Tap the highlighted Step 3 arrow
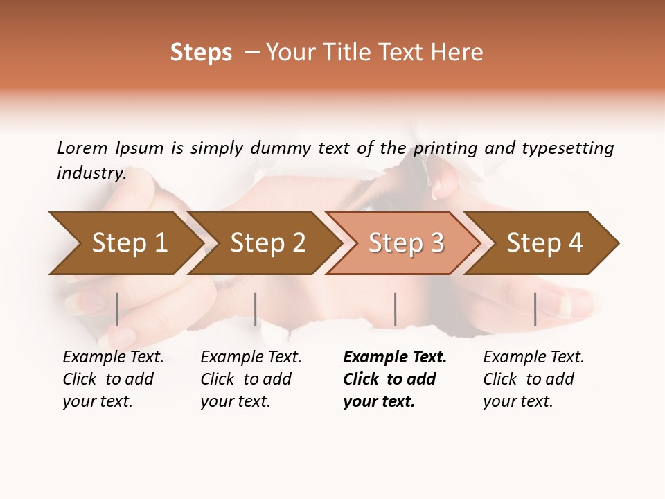coord(405,243)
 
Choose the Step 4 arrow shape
coord(544,243)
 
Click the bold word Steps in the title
coord(201,53)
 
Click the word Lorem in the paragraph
coord(82,148)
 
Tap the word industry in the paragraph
coord(91,173)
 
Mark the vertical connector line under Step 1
coord(117,309)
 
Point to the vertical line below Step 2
coord(256,309)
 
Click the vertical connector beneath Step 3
coord(396,309)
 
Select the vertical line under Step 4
coord(535,309)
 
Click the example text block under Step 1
coord(113,379)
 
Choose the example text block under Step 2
coord(251,379)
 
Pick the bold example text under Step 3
coord(394,379)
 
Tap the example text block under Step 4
coord(533,379)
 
